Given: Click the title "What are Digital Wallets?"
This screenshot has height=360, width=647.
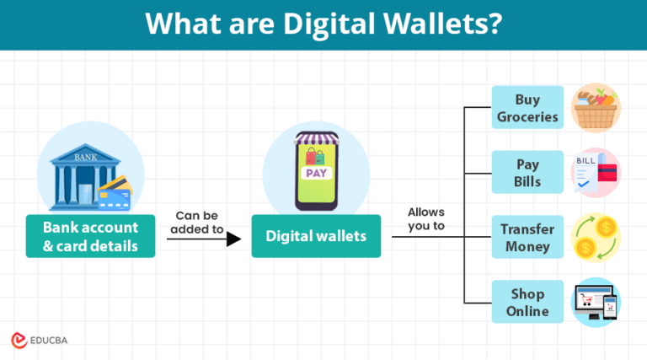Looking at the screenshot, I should (x=323, y=24).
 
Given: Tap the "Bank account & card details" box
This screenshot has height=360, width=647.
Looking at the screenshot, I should (x=90, y=237).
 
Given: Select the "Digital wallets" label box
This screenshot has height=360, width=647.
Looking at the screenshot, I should (x=316, y=236).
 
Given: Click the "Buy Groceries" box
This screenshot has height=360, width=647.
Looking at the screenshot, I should (x=528, y=108).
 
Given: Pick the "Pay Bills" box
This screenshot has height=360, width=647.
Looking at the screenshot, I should (x=528, y=172).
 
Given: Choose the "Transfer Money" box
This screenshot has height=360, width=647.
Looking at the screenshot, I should (x=528, y=237).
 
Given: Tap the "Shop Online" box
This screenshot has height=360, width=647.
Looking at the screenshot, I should (x=528, y=302).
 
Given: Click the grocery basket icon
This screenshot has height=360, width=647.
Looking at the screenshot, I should (x=596, y=107).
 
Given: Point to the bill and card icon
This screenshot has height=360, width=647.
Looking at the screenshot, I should (x=595, y=172).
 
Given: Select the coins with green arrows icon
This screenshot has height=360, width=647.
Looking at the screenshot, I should (x=596, y=237).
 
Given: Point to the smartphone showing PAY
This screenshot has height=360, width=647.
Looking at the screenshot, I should (x=316, y=172).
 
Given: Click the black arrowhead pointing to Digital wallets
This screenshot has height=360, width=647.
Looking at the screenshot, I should (x=233, y=239).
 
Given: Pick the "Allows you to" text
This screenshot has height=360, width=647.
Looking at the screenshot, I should (x=425, y=219).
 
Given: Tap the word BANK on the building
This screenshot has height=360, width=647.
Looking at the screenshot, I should (x=85, y=158).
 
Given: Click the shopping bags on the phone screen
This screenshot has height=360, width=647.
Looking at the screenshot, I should (x=316, y=157).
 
